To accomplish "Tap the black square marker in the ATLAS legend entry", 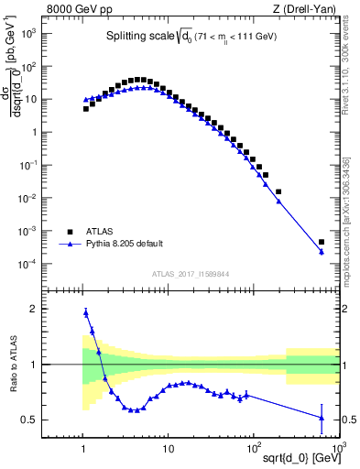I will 69,232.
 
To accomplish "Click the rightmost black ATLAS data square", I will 322,243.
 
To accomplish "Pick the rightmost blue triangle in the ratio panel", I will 322,418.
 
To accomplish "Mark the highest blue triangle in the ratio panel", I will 86,312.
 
